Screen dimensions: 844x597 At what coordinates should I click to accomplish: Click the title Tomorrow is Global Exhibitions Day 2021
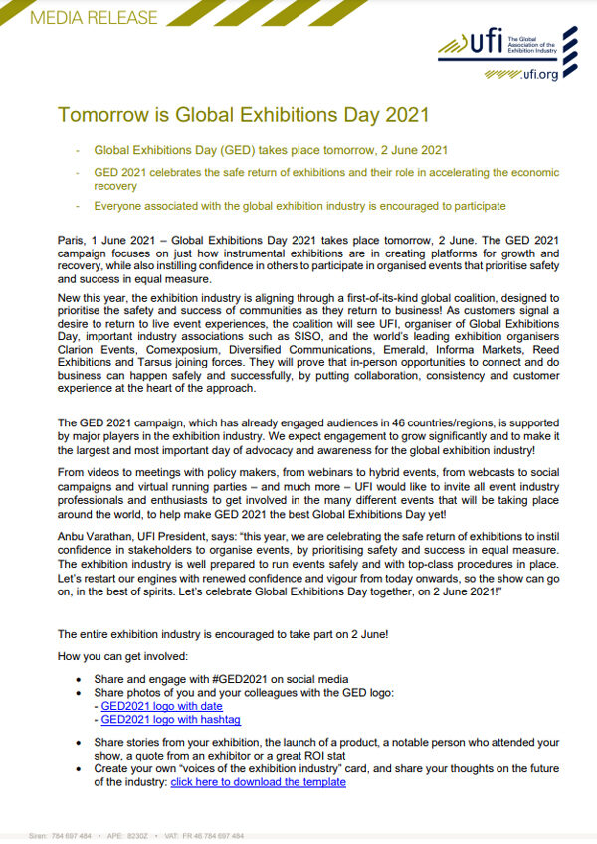click(x=244, y=114)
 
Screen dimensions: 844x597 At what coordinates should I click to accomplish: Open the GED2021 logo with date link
click(x=162, y=705)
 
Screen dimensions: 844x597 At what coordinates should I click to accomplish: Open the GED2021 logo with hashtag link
click(x=171, y=719)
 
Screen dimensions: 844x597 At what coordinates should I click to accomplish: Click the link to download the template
click(x=259, y=782)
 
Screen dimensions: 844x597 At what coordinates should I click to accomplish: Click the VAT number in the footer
click(x=216, y=836)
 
